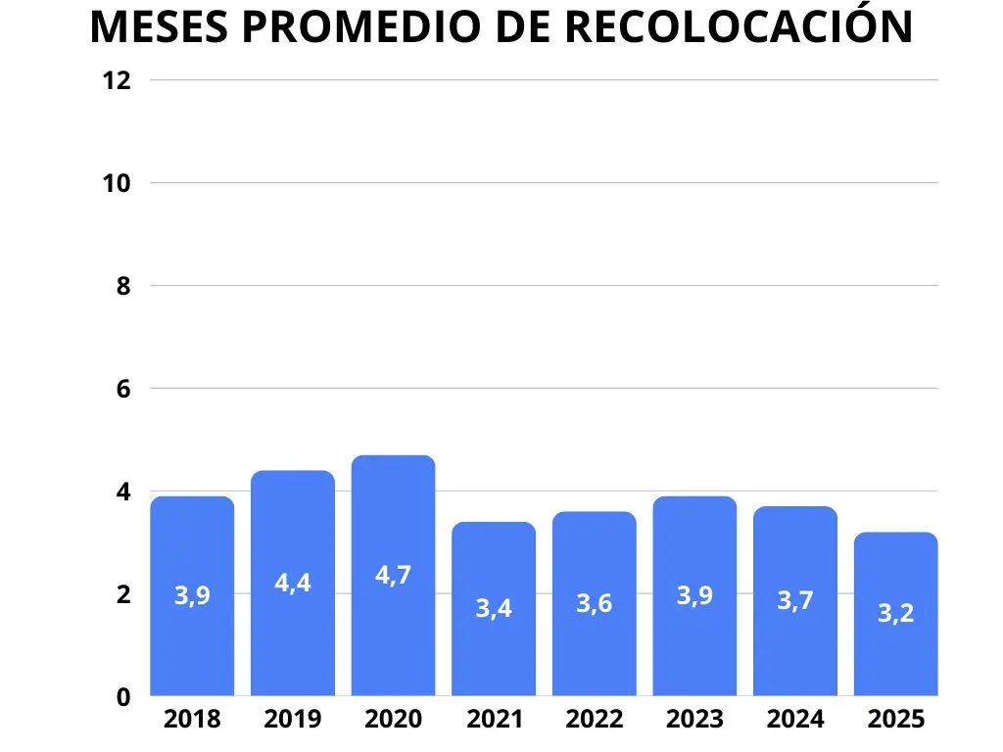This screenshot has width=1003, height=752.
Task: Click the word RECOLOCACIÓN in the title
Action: point(740,27)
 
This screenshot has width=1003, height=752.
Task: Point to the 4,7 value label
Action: point(393,576)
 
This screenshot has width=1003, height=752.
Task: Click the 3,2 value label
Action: point(895,614)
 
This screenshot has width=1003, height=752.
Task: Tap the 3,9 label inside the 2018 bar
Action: point(192,595)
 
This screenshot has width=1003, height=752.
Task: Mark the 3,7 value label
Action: point(795,601)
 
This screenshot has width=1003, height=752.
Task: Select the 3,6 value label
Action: point(594,604)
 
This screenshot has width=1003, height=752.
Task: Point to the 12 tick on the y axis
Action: point(117,80)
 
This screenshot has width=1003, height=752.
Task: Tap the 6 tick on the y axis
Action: point(122,389)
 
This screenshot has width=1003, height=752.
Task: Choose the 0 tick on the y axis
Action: point(122,697)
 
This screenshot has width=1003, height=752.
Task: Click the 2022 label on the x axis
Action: point(594,720)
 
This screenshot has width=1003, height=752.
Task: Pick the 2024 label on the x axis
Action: point(795,720)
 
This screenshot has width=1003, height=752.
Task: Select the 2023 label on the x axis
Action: point(694,720)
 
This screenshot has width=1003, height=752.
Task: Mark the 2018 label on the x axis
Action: point(192,720)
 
